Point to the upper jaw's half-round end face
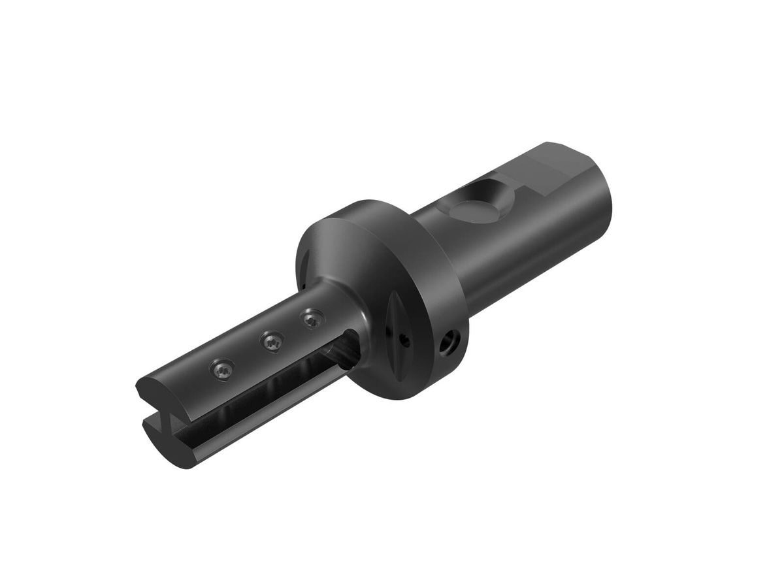(154, 391)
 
